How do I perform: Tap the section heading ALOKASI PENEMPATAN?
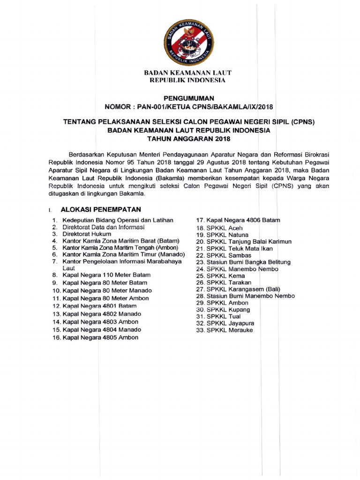tap(101, 209)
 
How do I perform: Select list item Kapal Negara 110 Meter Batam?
tap(105, 275)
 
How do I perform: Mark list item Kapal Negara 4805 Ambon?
tap(101, 337)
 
